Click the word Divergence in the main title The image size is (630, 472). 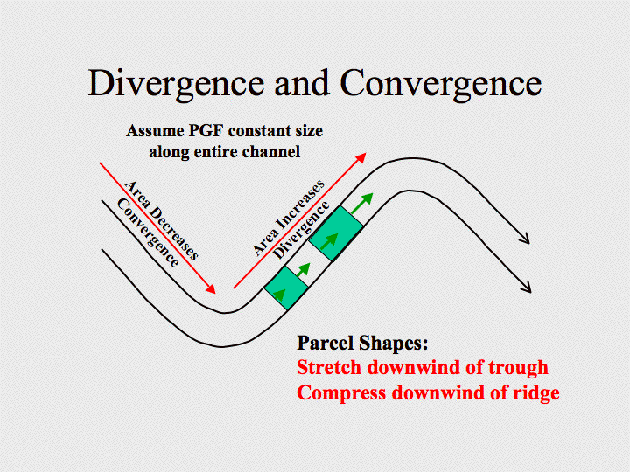click(x=176, y=84)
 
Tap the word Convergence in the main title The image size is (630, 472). click(x=441, y=84)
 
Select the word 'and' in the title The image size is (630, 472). click(x=302, y=83)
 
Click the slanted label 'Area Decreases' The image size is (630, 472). click(x=162, y=220)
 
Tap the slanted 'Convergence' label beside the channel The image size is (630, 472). click(x=148, y=233)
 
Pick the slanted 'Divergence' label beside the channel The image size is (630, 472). click(x=301, y=230)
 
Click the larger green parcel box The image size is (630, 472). click(x=336, y=234)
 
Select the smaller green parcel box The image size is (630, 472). click(x=286, y=288)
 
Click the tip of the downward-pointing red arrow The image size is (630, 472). click(x=215, y=294)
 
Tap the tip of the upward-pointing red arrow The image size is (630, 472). click(x=366, y=153)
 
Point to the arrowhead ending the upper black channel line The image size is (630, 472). click(x=526, y=239)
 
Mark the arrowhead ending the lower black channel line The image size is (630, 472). click(x=527, y=287)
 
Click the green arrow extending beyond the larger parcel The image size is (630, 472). click(x=361, y=204)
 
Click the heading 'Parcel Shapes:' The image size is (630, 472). click(x=362, y=344)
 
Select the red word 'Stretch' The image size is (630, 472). click(x=329, y=367)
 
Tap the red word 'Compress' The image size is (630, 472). click(x=341, y=393)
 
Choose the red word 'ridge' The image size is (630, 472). click(x=536, y=392)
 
